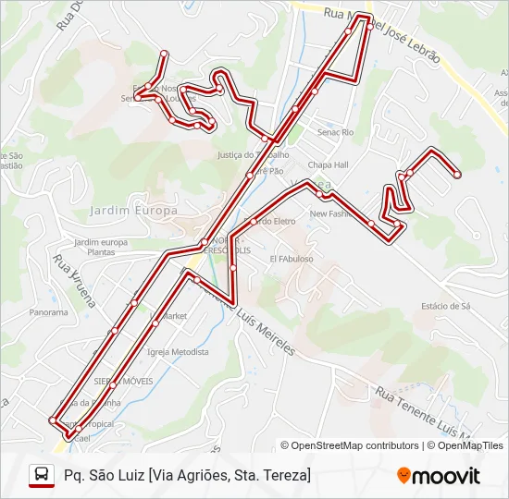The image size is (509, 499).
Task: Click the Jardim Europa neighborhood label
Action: [x=133, y=211]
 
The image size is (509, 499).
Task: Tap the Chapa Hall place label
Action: [x=328, y=164]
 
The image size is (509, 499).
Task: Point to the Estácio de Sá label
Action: [x=446, y=305]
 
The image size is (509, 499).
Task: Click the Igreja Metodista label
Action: [x=178, y=352]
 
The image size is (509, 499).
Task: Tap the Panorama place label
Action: [x=48, y=312]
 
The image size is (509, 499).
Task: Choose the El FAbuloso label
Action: [x=292, y=260]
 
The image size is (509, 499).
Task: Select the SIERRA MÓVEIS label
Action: [x=123, y=380]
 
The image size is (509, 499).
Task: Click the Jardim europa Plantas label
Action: [x=100, y=247]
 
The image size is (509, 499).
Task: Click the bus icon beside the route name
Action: [x=42, y=475]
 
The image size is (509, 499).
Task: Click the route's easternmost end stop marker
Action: [x=457, y=174]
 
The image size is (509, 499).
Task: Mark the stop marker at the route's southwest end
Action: [x=52, y=420]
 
